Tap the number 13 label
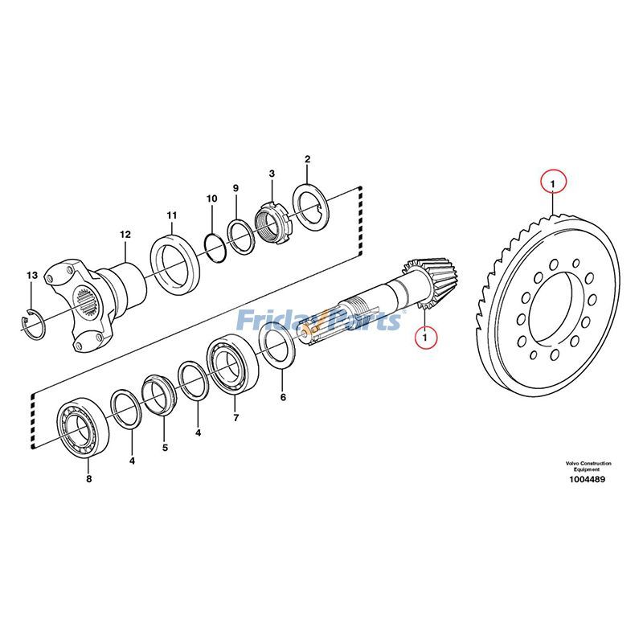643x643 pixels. [31, 276]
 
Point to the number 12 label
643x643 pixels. [125, 235]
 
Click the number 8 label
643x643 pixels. [88, 480]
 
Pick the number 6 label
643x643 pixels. [282, 397]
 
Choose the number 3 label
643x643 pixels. [272, 173]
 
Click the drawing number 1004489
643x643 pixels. [588, 480]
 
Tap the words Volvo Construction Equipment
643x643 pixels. [588, 466]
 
